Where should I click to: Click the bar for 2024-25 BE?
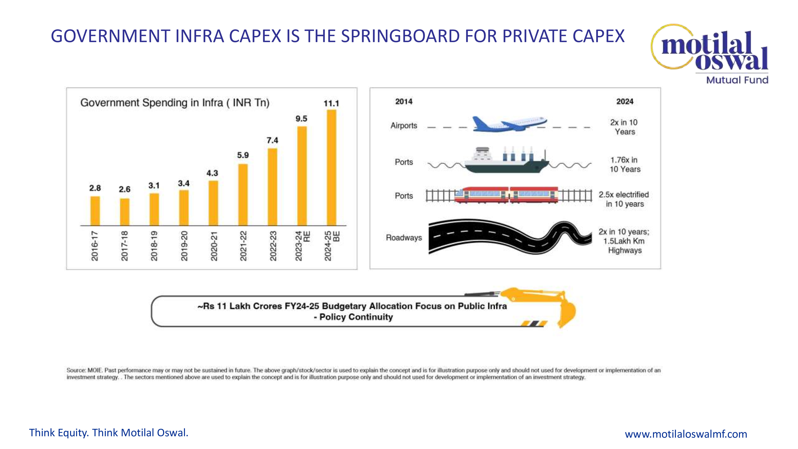click(x=331, y=167)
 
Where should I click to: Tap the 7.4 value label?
click(x=272, y=140)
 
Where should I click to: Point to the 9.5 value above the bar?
click(x=301, y=119)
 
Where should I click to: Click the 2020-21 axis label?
click(x=214, y=246)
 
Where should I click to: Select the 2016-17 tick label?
click(x=95, y=246)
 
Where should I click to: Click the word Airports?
click(x=404, y=126)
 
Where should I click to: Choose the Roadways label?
click(x=404, y=238)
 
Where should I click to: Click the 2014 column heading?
click(x=404, y=102)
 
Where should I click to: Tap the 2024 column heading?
click(x=624, y=102)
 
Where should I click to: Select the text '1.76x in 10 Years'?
click(x=624, y=165)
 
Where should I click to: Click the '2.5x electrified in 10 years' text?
click(x=624, y=199)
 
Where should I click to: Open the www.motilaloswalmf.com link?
click(x=685, y=434)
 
